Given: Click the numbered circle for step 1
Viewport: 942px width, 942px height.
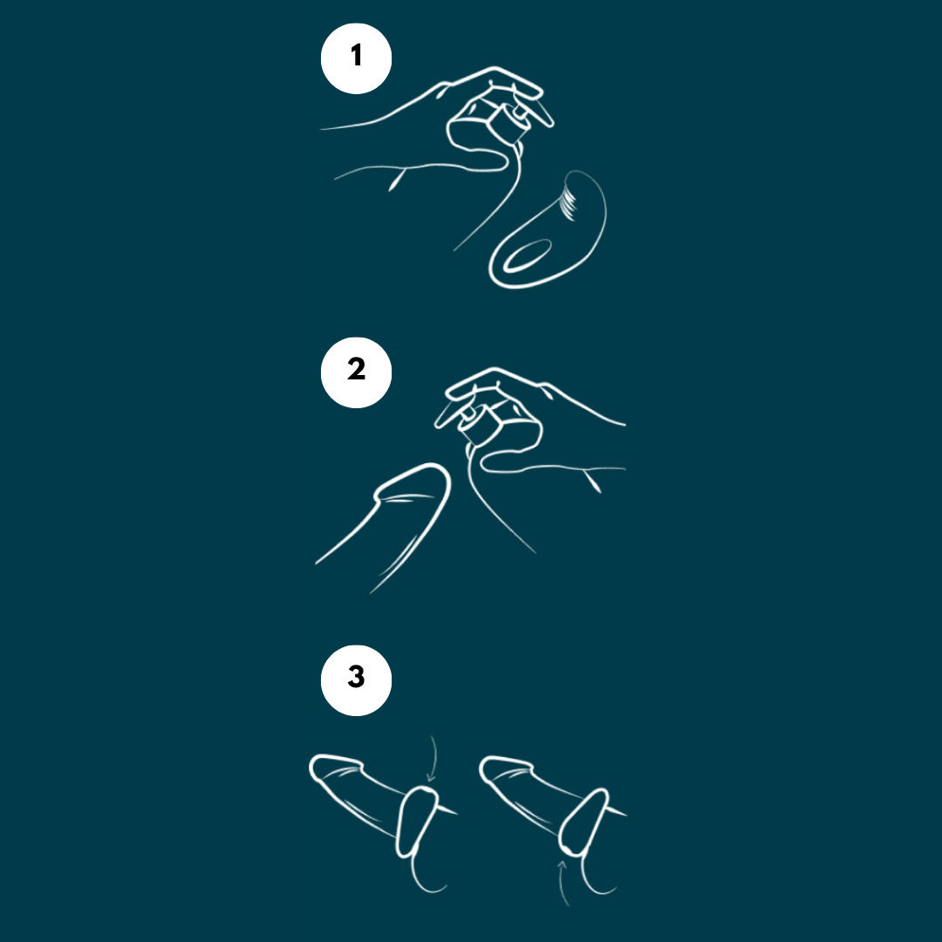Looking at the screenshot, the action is coord(356,58).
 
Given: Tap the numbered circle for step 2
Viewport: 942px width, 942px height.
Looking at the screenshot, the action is coord(356,372).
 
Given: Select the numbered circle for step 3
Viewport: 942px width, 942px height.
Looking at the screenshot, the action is coord(356,680).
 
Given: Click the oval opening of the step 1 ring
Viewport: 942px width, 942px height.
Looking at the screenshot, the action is coord(527,256).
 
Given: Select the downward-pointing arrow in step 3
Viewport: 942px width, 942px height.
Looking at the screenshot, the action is coord(433,758).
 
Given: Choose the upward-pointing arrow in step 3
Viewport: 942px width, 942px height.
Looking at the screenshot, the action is coord(563,883).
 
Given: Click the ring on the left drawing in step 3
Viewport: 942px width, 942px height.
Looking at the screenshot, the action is coord(416,822).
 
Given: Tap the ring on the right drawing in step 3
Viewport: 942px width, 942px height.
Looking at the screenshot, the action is coord(584,822).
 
